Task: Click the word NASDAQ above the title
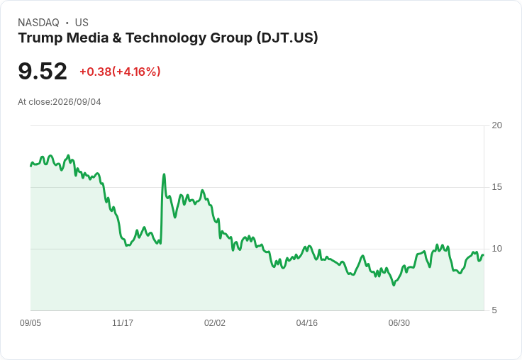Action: (x=38, y=23)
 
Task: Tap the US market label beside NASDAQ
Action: (x=82, y=23)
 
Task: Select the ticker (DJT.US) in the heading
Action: (x=287, y=38)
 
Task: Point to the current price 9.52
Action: (x=43, y=71)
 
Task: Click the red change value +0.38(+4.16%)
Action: (x=120, y=72)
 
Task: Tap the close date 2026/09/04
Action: (x=77, y=102)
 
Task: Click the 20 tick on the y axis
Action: (x=496, y=125)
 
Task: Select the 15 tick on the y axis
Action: (x=496, y=187)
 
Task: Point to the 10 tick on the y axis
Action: (x=496, y=249)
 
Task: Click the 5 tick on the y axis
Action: (x=494, y=310)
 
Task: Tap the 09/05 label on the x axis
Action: (x=30, y=322)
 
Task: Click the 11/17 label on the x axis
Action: (x=123, y=322)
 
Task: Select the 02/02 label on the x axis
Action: (x=215, y=322)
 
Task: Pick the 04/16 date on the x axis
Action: (x=307, y=322)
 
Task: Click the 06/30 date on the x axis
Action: (x=399, y=322)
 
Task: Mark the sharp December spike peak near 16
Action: (x=164, y=174)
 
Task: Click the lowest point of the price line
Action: (x=394, y=285)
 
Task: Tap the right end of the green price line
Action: (x=484, y=255)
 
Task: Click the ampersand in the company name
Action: (x=117, y=38)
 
